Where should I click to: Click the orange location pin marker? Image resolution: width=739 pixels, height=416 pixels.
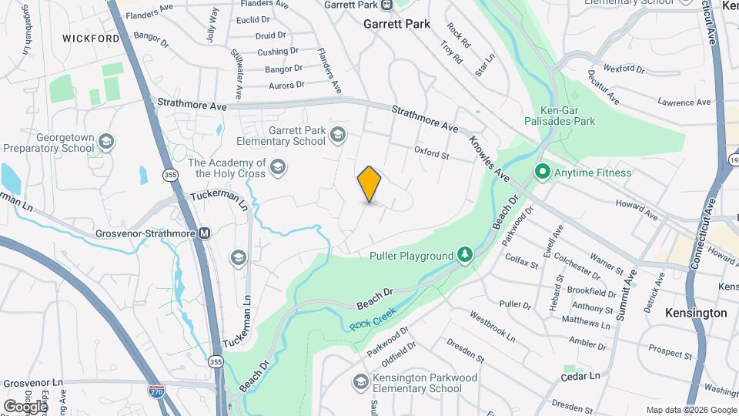pos(369,184)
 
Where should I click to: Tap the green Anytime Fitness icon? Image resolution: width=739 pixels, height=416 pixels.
pos(541,173)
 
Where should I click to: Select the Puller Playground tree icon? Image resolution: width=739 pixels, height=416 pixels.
pos(464,255)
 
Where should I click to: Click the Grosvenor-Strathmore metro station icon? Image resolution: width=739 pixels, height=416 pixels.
pos(204,233)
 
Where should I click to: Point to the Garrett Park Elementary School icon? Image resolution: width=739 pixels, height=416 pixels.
pos(336,136)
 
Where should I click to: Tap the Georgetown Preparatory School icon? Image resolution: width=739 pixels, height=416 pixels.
pos(106,142)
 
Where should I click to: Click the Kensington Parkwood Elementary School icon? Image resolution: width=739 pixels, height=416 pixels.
pos(360,381)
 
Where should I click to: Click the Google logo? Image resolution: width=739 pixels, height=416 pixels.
pos(25,406)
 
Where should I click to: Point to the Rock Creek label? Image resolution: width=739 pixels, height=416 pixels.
pos(373,319)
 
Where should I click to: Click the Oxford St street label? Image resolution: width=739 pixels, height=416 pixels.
pos(432,154)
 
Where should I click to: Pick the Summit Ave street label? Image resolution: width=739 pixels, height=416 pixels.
pos(626,294)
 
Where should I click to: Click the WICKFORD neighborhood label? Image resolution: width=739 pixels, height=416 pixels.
pos(91,38)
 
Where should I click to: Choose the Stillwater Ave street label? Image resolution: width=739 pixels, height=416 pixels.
pos(237,74)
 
